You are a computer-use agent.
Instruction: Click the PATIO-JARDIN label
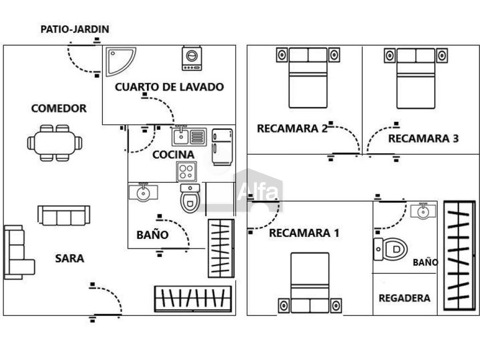coord(75,29)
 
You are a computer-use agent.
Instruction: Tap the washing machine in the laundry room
coord(191,58)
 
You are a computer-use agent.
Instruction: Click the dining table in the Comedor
coord(55,143)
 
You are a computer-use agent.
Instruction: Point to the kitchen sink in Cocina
coord(189,137)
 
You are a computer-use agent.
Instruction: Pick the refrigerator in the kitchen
coord(222,147)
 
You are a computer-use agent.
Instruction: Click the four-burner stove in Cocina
coord(186,171)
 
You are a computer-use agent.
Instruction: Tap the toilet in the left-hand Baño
coord(190,198)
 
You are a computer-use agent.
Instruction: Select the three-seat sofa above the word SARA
coord(63,215)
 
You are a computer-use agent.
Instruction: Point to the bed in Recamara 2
coord(308,78)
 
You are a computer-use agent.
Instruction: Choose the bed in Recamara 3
coord(416,78)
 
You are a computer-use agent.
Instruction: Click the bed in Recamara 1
coord(310,283)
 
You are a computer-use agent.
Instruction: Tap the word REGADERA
coord(405,298)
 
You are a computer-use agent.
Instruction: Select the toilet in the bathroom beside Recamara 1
coord(390,249)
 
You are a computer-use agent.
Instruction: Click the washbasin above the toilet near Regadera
coord(423,211)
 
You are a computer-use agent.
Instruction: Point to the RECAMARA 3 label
coord(423,139)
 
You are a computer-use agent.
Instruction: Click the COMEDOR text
coord(59,109)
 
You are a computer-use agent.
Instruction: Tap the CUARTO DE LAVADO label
coord(169,87)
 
